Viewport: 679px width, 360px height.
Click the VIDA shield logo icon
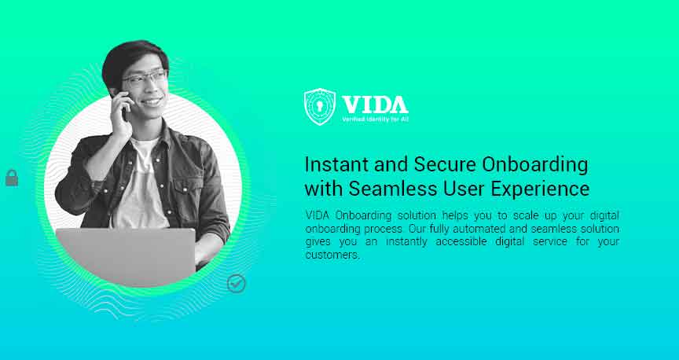coord(320,107)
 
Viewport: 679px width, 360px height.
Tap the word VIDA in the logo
coord(374,104)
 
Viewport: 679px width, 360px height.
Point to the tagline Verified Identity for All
coord(375,119)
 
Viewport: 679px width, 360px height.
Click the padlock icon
coord(12,178)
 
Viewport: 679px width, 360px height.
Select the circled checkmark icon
coord(237,284)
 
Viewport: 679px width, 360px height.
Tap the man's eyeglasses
coord(145,79)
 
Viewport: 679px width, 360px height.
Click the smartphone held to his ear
coord(124,105)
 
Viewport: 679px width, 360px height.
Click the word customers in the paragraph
coord(331,255)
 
